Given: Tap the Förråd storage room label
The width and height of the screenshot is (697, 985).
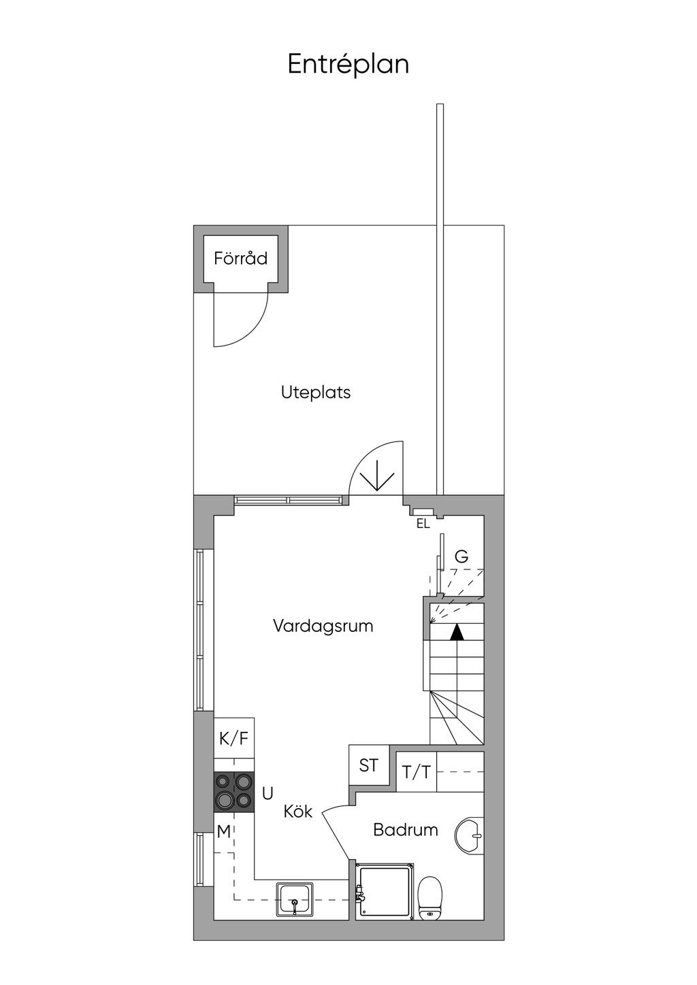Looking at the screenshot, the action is [241, 258].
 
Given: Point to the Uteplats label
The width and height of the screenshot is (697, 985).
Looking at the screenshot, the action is [316, 393].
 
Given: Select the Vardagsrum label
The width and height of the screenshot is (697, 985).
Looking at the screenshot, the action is [323, 627].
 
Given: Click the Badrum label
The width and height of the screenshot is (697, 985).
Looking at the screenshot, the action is [405, 830].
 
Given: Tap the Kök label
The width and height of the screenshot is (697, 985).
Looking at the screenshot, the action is [298, 812].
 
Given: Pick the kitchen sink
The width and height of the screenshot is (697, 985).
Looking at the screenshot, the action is [295, 900].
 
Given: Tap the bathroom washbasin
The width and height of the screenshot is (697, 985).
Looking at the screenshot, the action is [470, 835].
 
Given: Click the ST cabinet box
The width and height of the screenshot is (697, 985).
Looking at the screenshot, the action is [369, 765].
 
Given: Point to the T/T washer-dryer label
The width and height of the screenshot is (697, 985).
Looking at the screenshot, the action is [417, 771].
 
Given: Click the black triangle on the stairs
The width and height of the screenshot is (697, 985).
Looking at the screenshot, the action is [457, 632].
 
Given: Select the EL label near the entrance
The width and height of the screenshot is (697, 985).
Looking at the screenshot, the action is [423, 524].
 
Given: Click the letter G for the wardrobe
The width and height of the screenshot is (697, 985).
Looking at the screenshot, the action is [461, 556].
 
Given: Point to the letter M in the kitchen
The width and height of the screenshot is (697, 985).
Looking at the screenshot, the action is [224, 831].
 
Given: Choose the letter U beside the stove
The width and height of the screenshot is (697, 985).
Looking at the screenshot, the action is [268, 793].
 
